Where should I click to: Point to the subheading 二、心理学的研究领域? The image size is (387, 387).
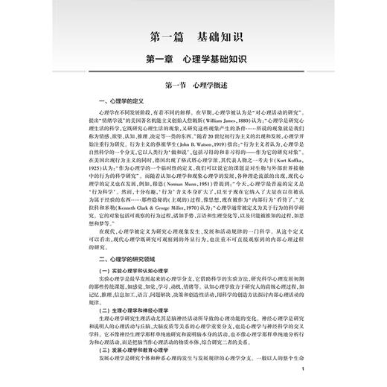click(131, 258)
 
